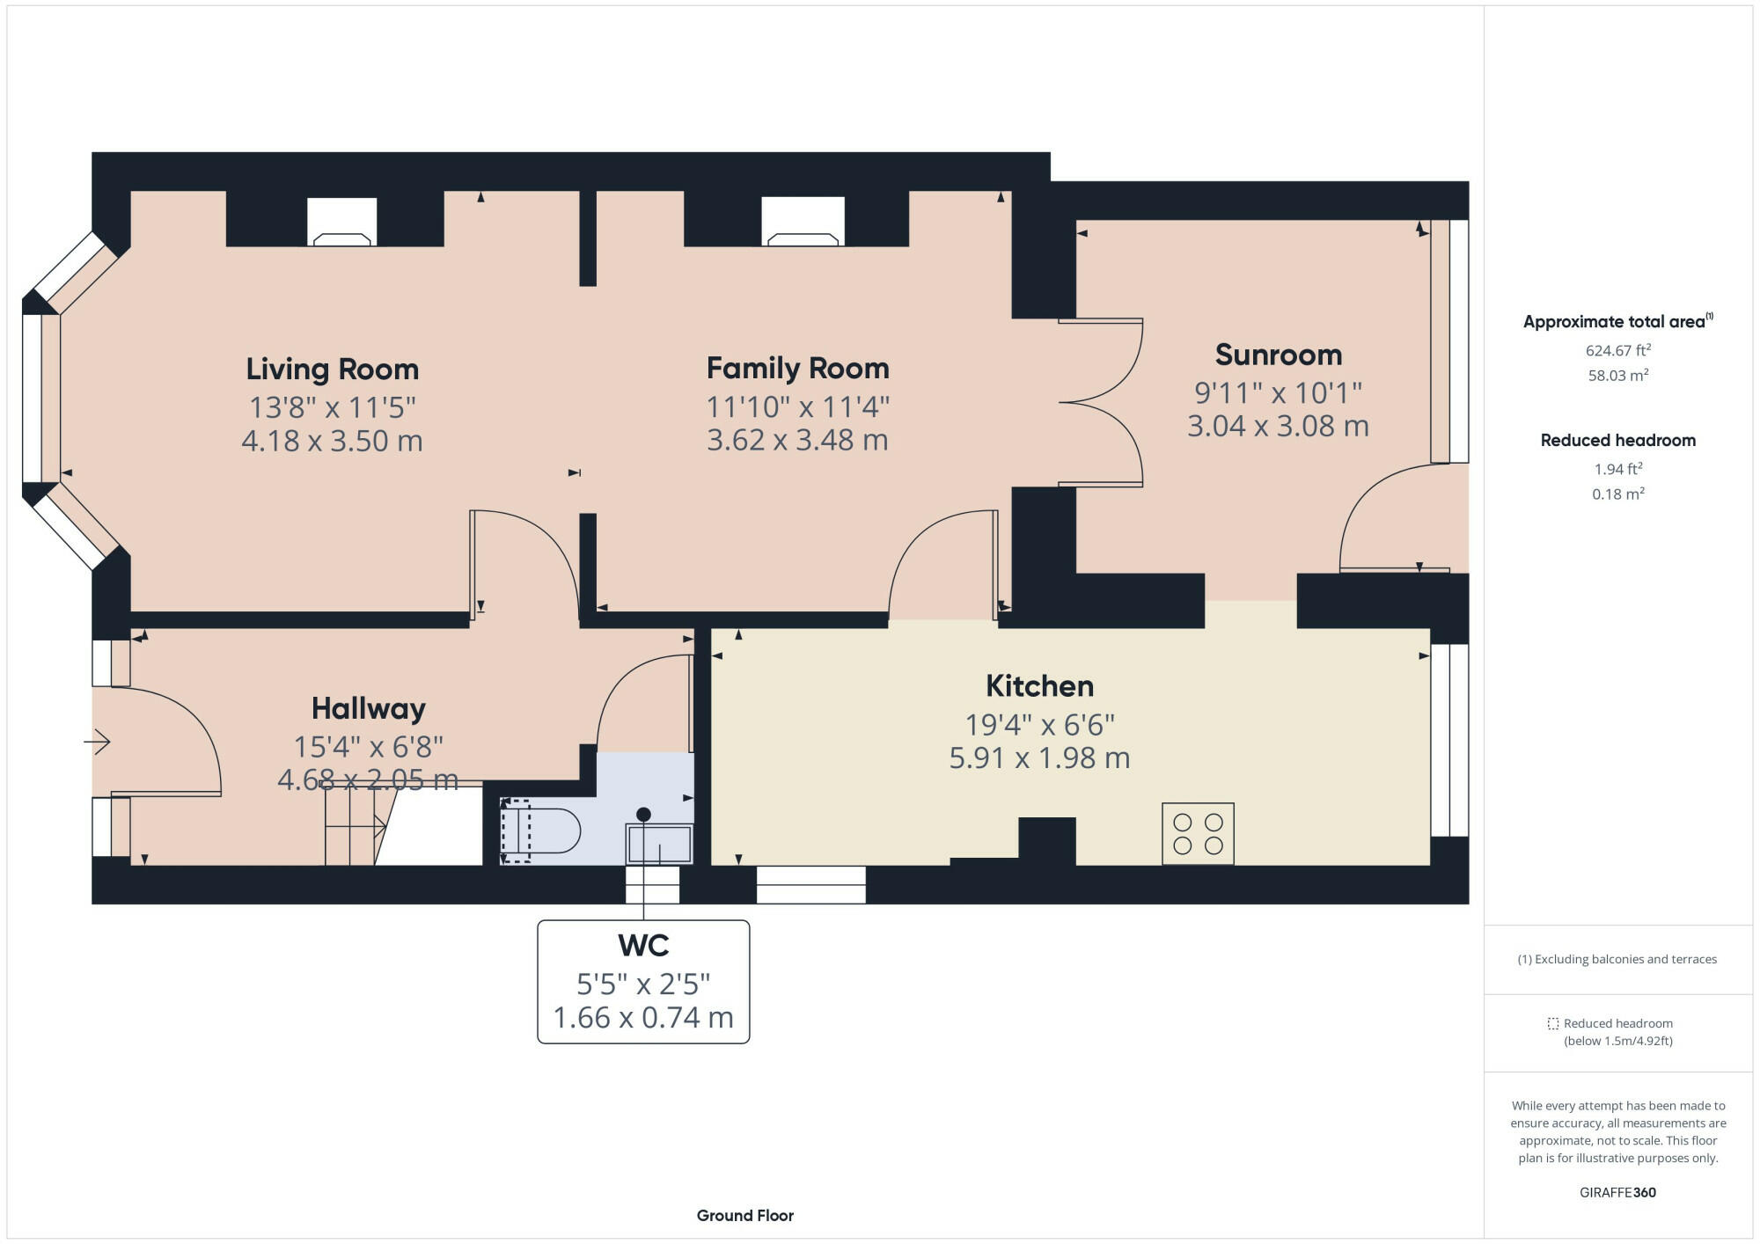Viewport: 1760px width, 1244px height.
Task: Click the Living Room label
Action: tap(332, 369)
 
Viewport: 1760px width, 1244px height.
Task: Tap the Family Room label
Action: tap(797, 368)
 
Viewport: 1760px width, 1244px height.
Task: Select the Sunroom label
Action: tap(1278, 355)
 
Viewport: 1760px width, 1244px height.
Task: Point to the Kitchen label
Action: tap(1039, 685)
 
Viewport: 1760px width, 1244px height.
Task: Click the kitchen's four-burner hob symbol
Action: tap(1198, 833)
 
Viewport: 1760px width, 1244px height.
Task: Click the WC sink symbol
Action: tap(659, 843)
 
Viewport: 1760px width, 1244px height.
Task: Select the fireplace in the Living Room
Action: tap(342, 223)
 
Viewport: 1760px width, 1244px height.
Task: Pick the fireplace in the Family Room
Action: tap(803, 223)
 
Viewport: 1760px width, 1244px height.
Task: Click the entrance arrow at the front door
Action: tap(98, 743)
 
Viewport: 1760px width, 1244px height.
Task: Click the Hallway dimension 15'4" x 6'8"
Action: tap(368, 747)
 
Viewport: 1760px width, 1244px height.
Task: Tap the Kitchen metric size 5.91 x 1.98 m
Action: tap(1039, 758)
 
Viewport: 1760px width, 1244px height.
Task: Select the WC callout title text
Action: tap(643, 946)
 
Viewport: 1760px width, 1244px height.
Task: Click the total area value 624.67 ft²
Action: tap(1617, 350)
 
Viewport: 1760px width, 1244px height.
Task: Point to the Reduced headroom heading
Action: tap(1617, 440)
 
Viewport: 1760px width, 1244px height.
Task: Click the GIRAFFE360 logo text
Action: tap(1617, 1192)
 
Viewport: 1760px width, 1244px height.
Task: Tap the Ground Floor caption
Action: tap(744, 1215)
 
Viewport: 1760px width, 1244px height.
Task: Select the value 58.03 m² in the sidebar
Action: tap(1617, 375)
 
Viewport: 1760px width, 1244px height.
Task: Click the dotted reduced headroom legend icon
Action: tap(1553, 1023)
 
